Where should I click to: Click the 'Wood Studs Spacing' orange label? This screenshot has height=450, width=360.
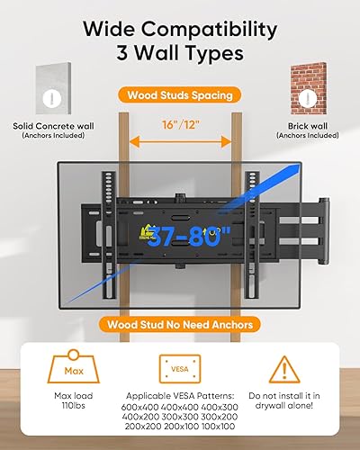[x=179, y=94]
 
